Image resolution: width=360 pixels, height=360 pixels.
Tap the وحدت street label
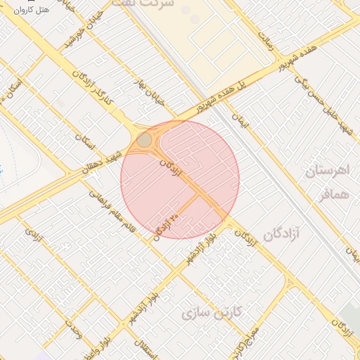click(x=73, y=328)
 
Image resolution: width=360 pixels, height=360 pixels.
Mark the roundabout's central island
click(x=144, y=140)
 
